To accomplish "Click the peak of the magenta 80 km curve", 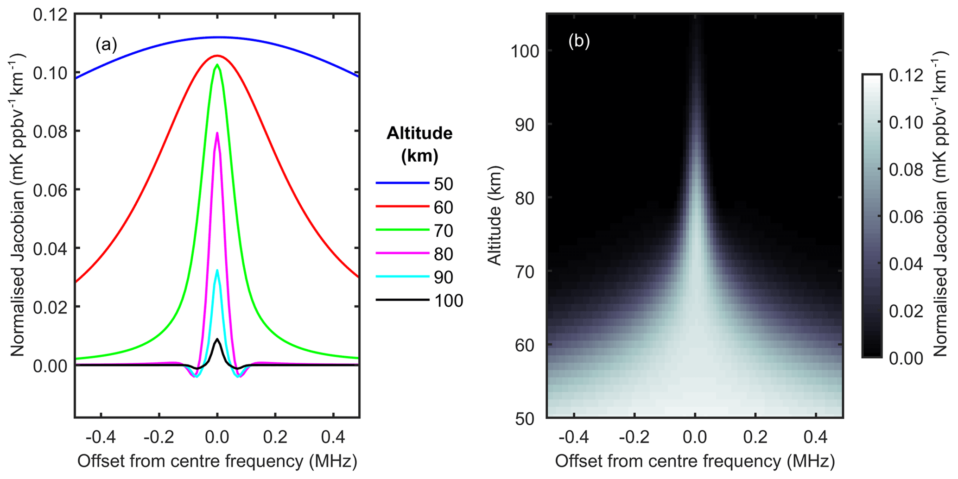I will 217,133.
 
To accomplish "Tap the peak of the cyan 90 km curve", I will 217,270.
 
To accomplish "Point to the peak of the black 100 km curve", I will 217,339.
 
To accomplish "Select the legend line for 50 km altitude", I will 402,183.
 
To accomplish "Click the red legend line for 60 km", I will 402,207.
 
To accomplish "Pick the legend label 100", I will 448,301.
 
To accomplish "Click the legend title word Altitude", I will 419,133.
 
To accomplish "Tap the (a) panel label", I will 106,44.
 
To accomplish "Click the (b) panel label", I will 579,41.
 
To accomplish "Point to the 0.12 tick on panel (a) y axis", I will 50,15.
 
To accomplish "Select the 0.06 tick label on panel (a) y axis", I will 50,190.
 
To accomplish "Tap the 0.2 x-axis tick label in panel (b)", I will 755,437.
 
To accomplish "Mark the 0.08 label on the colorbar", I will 906,170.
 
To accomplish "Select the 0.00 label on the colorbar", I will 906,358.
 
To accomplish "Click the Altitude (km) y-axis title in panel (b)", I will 495,215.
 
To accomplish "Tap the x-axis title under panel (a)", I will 217,461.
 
